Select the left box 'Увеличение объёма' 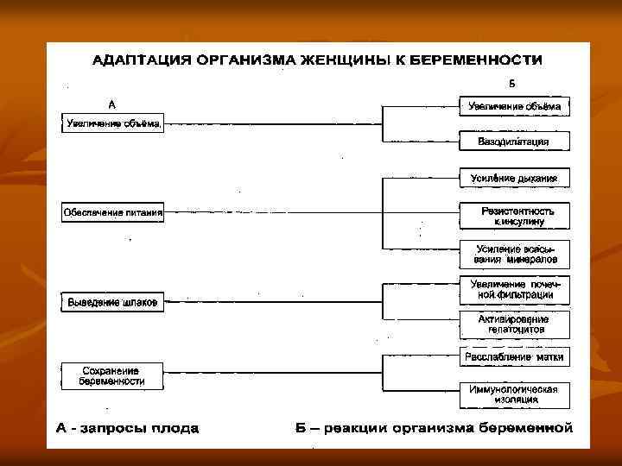pyautogui.click(x=113, y=123)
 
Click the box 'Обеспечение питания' pyautogui.click(x=113, y=212)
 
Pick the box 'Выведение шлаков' pyautogui.click(x=113, y=301)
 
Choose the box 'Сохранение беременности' pyautogui.click(x=113, y=375)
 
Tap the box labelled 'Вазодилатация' pyautogui.click(x=514, y=141)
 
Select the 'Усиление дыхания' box pyautogui.click(x=514, y=179)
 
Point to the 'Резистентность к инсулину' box pyautogui.click(x=514, y=216)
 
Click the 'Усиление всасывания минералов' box pyautogui.click(x=514, y=254)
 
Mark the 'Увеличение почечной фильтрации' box pyautogui.click(x=514, y=290)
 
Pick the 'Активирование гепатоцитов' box pyautogui.click(x=514, y=324)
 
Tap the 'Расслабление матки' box pyautogui.click(x=514, y=356)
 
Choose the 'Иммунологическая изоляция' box pyautogui.click(x=514, y=394)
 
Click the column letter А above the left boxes pyautogui.click(x=112, y=104)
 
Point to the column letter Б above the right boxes pyautogui.click(x=511, y=85)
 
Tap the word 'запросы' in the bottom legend pyautogui.click(x=107, y=428)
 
